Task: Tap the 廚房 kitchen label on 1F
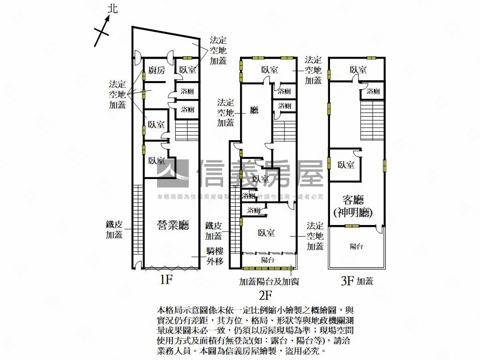pos(157,70)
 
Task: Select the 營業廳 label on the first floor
pos(172,225)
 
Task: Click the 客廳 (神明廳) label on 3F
pos(353,205)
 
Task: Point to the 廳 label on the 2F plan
pos(255,110)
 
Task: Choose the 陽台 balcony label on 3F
pos(356,246)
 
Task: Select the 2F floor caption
pos(265,295)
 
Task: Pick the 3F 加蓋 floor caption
pos(357,281)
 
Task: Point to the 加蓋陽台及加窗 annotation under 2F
pos(269,282)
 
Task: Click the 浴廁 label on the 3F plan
pos(373,91)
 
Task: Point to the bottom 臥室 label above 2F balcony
pos(266,233)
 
